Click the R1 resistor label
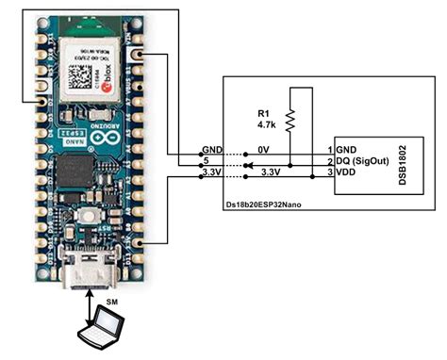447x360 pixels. coord(265,110)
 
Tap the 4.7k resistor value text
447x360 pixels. coord(266,123)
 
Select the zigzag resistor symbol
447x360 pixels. coord(291,118)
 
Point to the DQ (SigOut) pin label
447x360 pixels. coord(362,161)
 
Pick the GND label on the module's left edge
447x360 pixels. coord(211,150)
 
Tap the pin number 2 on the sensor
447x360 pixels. coord(329,161)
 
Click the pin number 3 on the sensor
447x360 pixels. coord(329,173)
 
